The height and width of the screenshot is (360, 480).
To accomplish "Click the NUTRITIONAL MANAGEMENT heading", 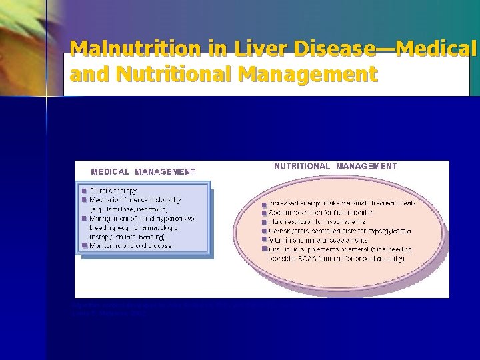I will click(335, 166).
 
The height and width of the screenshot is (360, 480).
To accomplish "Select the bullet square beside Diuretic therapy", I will click(85, 190).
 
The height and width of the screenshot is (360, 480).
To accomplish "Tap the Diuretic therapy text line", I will click(114, 190).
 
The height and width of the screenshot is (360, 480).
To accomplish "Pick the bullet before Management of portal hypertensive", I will click(85, 217).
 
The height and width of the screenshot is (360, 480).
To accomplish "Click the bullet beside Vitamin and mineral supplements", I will click(265, 240).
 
